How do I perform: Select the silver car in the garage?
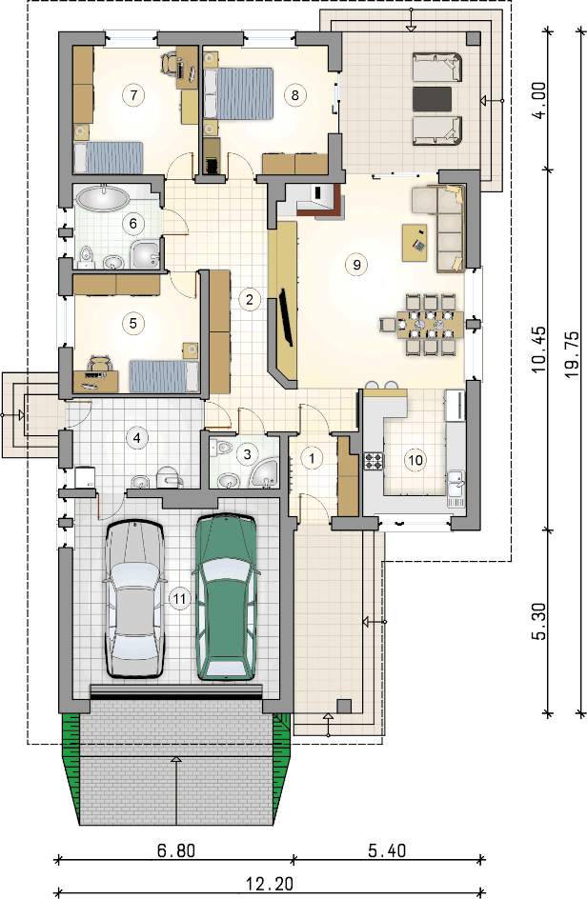click(x=134, y=599)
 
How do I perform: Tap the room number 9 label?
click(x=356, y=265)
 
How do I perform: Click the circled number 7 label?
click(x=133, y=94)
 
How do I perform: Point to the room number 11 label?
click(x=179, y=599)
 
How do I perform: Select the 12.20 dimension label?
click(x=270, y=884)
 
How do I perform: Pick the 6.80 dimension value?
click(x=176, y=850)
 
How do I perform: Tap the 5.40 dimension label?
click(x=387, y=850)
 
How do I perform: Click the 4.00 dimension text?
click(x=539, y=101)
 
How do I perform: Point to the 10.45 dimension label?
click(x=539, y=350)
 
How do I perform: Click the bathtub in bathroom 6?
click(x=102, y=198)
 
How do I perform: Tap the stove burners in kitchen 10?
click(x=373, y=460)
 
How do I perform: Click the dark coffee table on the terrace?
click(x=432, y=99)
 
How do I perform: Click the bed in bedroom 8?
click(x=238, y=93)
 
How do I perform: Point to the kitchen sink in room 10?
click(x=456, y=485)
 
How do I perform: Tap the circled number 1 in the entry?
click(x=313, y=458)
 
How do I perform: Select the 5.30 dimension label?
click(x=539, y=621)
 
